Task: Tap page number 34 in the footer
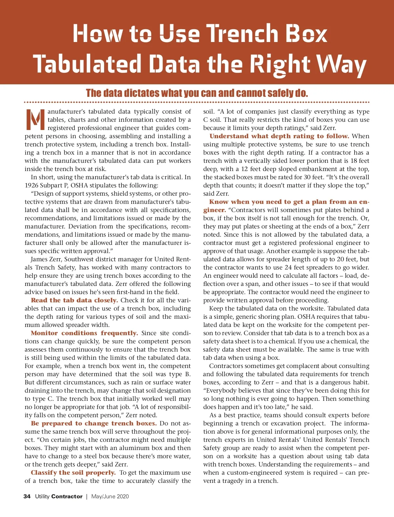pos(27,496)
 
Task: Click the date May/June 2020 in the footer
pos(110,496)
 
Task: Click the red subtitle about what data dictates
pos(197,93)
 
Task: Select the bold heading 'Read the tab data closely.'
pos(74,300)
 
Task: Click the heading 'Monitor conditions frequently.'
pos(84,333)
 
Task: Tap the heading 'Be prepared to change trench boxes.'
pos(94,423)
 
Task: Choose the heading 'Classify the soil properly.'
pos(73,473)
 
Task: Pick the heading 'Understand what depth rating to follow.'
pos(279,136)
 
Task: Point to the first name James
pos(39,259)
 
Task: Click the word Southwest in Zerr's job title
pos(79,259)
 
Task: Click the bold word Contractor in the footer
pos(67,496)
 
